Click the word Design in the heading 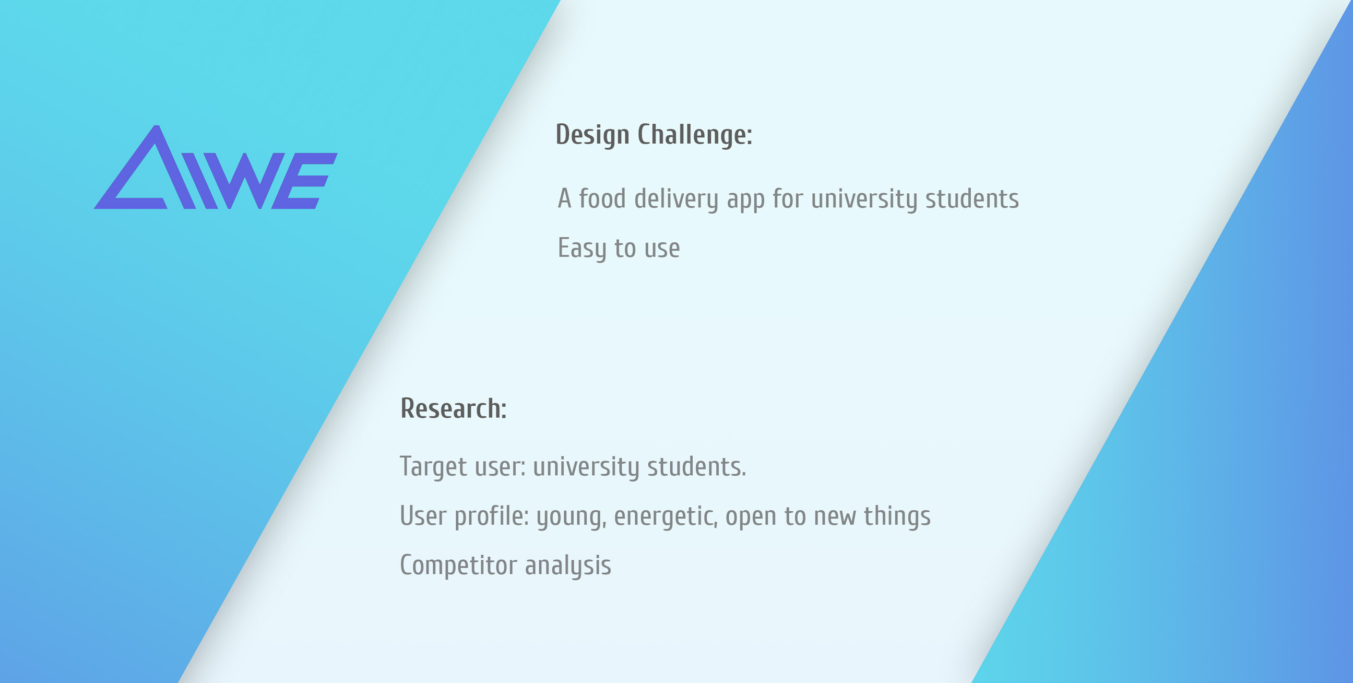click(592, 136)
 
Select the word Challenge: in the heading click(695, 136)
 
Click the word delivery click(676, 199)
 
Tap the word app click(745, 201)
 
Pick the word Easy click(581, 249)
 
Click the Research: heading click(453, 408)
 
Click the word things click(897, 516)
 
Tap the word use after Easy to click(662, 250)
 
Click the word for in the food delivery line click(788, 198)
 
